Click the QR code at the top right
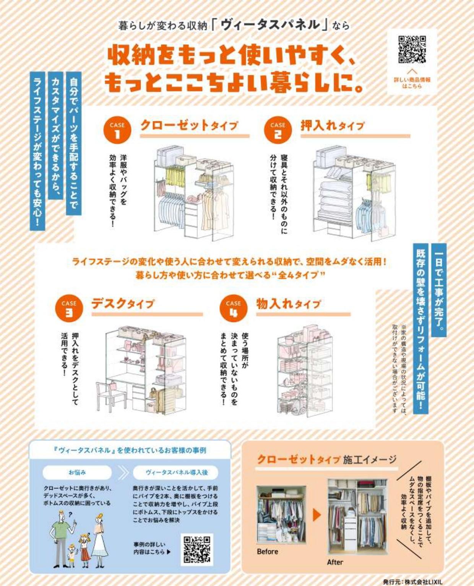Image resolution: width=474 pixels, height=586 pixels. [x=412, y=50]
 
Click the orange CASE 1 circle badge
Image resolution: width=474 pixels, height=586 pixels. [x=117, y=130]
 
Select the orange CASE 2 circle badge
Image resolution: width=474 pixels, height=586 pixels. [x=278, y=130]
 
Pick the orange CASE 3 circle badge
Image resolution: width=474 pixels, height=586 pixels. [x=69, y=308]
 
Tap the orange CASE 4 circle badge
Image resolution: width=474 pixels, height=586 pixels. [x=233, y=308]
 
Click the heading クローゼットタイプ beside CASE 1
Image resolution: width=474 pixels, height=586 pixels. [x=189, y=125]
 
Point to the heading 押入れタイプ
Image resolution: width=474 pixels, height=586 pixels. [x=332, y=125]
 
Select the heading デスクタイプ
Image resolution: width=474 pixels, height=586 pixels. [x=123, y=304]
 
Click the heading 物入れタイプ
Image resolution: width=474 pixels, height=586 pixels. [x=288, y=304]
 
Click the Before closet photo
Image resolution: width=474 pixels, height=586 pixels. [x=281, y=515]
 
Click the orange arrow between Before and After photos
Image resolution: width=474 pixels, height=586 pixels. [x=317, y=515]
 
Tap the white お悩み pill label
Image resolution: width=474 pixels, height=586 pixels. [x=77, y=472]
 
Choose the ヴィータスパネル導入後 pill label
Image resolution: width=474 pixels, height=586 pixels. [x=176, y=472]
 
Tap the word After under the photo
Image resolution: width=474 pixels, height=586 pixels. [x=335, y=562]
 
